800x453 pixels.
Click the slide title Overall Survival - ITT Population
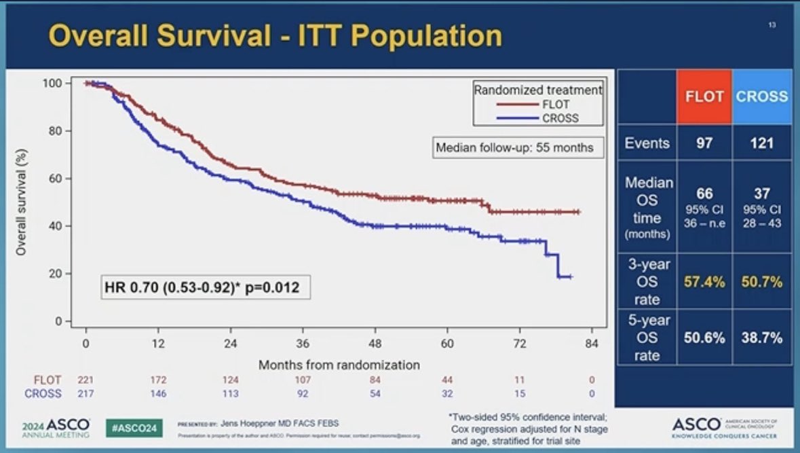275,37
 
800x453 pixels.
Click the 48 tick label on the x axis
375,344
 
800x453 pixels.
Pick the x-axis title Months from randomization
339,365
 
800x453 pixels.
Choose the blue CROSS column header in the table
762,96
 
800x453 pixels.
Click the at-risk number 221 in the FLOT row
86,380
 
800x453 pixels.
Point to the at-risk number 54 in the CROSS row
375,393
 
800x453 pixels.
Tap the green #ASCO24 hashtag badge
134,428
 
